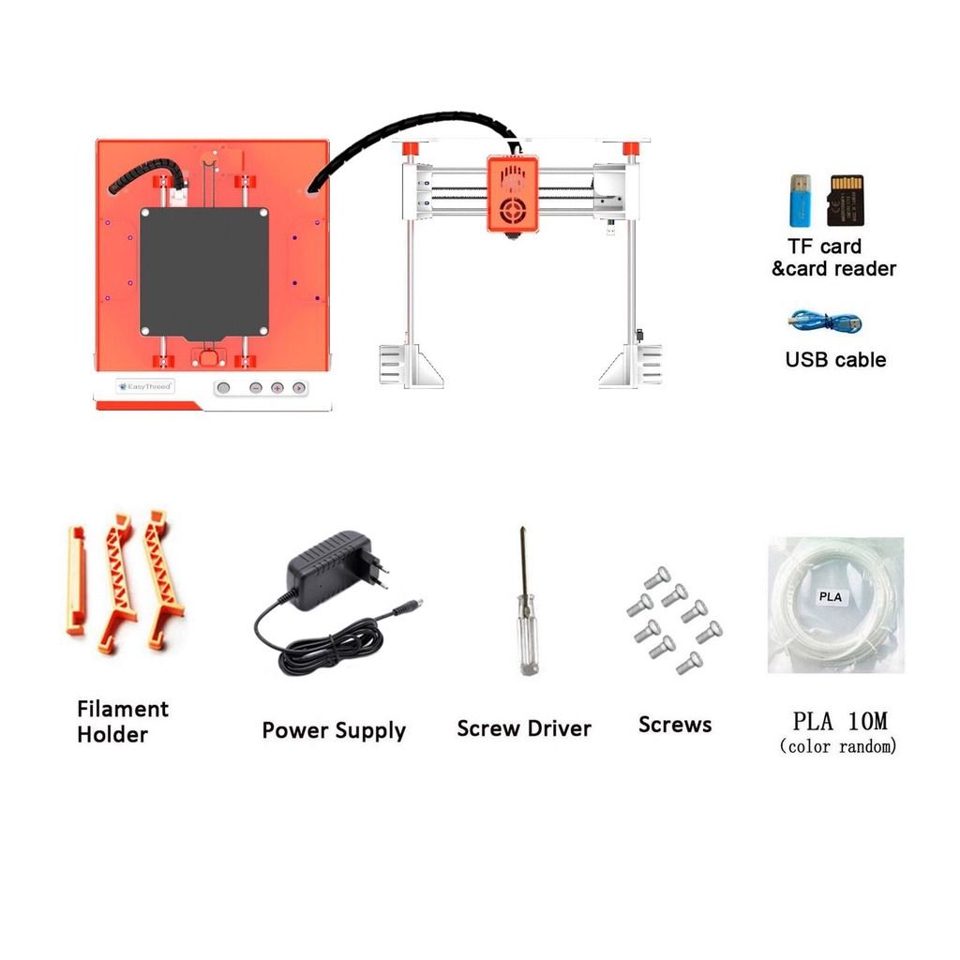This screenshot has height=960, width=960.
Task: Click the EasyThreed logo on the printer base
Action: click(145, 385)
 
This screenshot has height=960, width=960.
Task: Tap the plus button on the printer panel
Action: click(277, 387)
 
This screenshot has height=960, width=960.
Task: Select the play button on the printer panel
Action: click(299, 387)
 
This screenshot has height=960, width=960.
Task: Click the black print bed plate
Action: click(204, 273)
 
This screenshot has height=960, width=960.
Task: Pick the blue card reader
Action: click(801, 200)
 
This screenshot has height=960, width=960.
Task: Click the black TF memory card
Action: click(845, 200)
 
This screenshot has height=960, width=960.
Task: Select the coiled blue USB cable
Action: click(825, 322)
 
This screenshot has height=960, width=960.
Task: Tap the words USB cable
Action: click(834, 360)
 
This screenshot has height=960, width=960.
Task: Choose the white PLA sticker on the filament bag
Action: click(831, 595)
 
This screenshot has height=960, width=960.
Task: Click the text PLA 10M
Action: click(839, 722)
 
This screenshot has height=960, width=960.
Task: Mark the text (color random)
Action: click(838, 746)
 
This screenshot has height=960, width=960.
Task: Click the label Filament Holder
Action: click(123, 721)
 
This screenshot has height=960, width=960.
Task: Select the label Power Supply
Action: click(333, 730)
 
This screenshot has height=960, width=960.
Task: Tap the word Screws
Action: click(674, 725)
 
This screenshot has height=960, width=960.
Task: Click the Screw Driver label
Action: click(523, 728)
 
